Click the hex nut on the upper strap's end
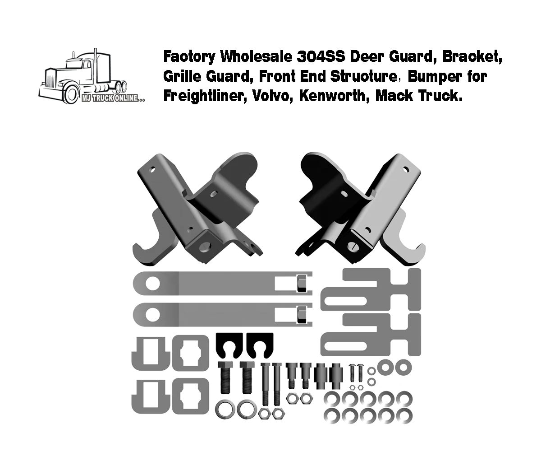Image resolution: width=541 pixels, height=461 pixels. (x=301, y=284)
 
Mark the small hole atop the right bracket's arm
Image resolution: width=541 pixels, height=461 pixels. (x=407, y=170)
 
